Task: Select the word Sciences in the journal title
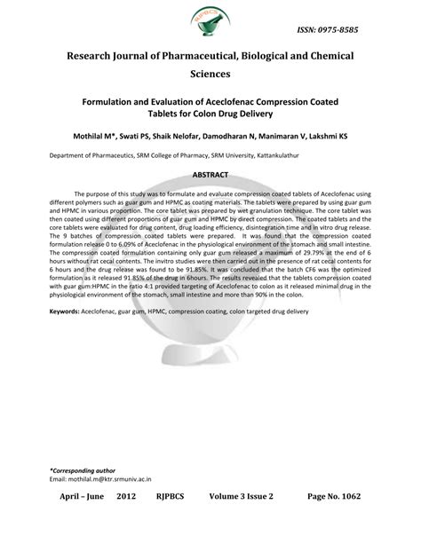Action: click(210, 76)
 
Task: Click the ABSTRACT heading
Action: click(210, 175)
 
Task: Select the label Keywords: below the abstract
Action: click(64, 313)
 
